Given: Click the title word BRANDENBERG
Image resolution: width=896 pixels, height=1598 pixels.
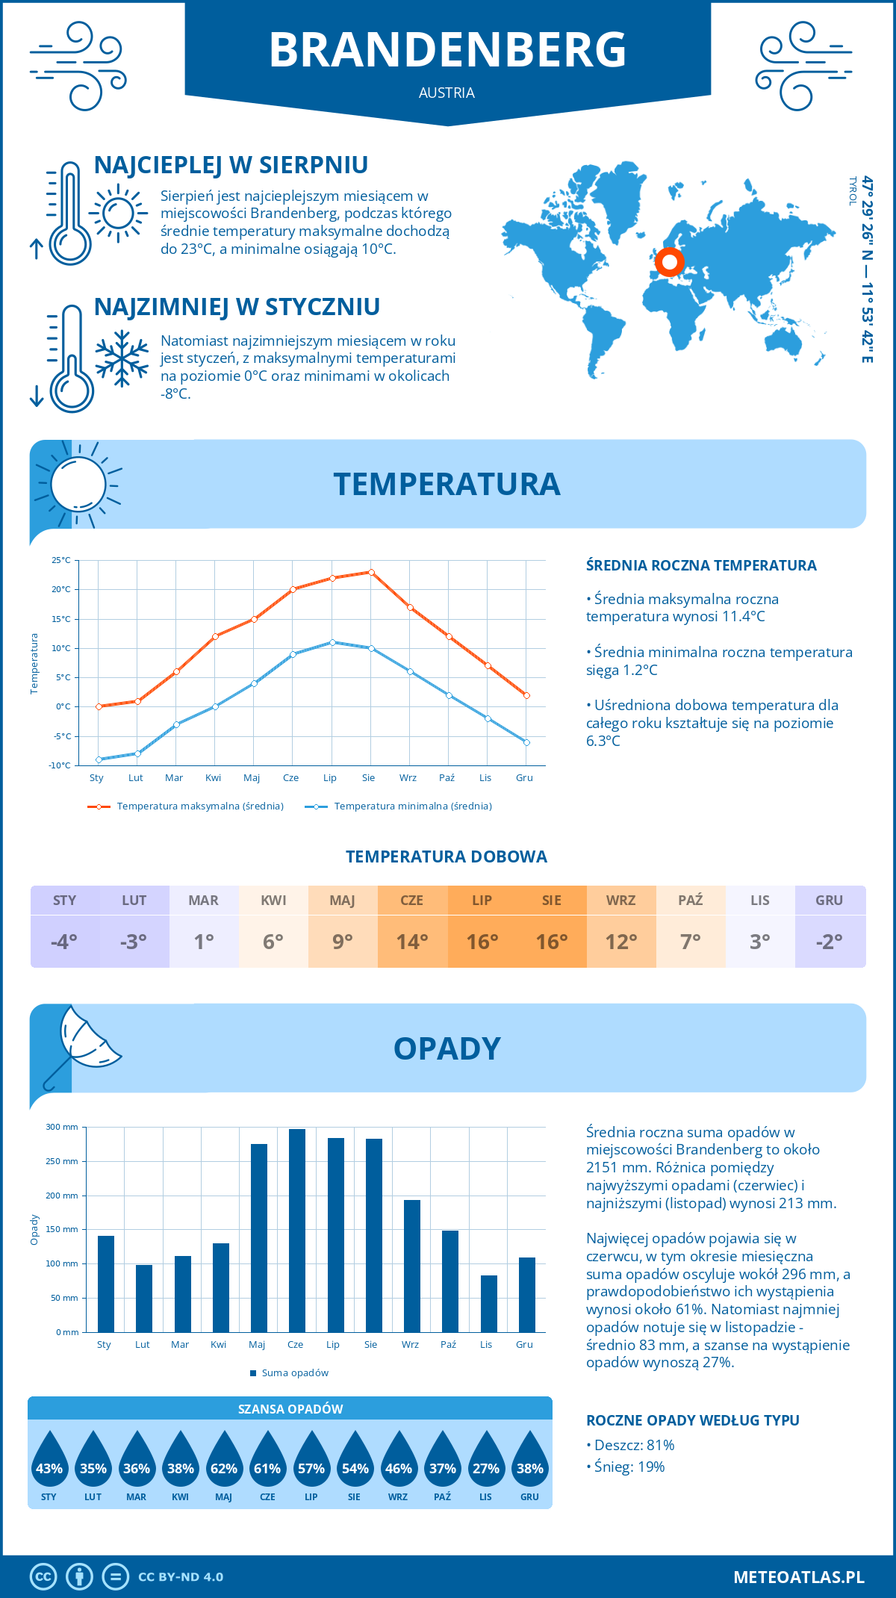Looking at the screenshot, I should point(447,50).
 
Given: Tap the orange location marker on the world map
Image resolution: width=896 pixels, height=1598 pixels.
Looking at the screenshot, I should point(669,262).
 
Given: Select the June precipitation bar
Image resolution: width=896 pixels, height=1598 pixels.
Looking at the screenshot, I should point(296,1230).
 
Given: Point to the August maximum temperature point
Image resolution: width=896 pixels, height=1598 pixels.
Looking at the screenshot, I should point(371,572).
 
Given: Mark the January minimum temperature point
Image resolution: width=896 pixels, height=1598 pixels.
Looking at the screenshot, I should point(99,759).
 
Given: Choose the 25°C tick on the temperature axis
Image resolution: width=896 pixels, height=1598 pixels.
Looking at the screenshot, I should point(61,560).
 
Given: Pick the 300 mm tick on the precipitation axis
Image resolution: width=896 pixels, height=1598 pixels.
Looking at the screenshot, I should point(63,1127).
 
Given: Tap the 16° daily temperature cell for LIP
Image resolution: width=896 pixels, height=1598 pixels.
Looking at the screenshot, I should point(482,942).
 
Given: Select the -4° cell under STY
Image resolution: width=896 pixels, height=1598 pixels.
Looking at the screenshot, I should point(64,942).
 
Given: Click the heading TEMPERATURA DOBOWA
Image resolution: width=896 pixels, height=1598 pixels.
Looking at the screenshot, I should point(447,856).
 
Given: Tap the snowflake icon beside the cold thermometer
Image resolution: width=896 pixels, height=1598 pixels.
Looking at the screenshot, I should point(122,358).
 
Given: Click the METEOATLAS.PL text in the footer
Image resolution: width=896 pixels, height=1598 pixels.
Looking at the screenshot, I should point(798,1577).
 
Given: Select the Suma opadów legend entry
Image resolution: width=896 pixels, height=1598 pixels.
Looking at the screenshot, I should point(294,1372).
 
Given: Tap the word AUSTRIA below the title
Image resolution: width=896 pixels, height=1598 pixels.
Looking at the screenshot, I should point(447,93).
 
